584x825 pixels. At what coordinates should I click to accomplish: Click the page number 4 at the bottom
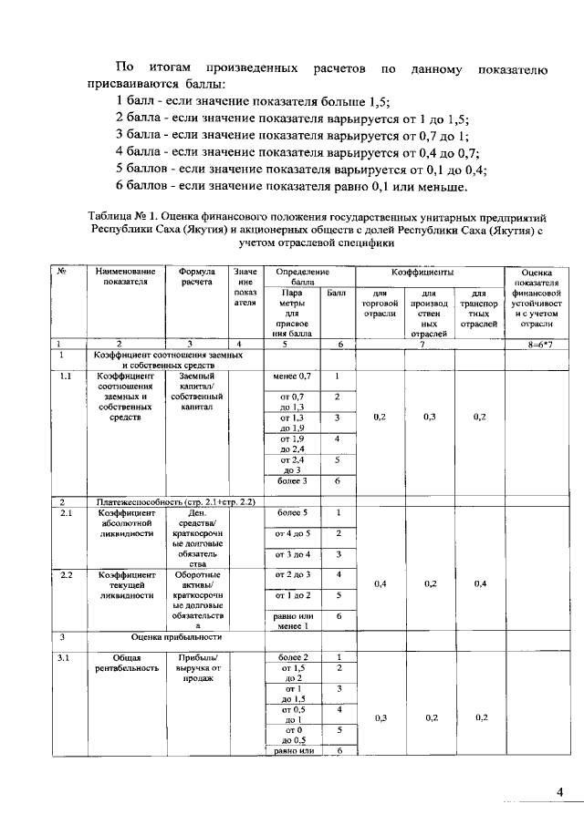click(x=560, y=791)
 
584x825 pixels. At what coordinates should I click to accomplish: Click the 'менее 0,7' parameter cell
click(x=292, y=376)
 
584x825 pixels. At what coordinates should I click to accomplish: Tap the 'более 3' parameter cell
click(x=292, y=480)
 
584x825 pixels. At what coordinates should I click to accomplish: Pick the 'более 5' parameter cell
click(x=292, y=512)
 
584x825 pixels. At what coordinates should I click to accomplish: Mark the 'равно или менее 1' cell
click(x=292, y=621)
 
